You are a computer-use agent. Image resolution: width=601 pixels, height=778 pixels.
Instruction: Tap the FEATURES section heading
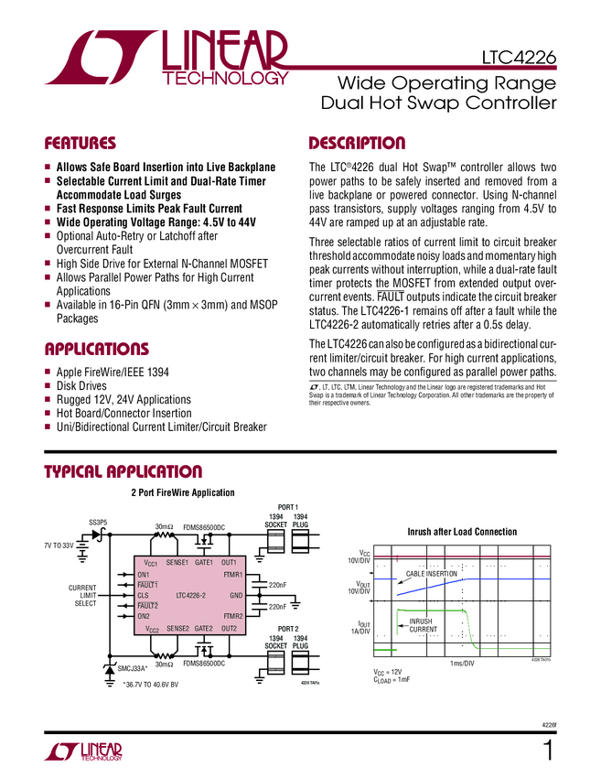(80, 144)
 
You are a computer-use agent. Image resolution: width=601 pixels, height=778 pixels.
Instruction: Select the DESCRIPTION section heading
(357, 144)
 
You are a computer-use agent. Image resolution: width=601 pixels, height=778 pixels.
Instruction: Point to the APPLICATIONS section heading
(96, 350)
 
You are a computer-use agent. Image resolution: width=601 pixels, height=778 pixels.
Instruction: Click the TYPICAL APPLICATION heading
(123, 472)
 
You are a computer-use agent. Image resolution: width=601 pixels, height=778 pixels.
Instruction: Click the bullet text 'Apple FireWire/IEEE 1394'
(113, 373)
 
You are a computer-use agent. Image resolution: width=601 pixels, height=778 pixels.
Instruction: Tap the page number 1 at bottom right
(547, 751)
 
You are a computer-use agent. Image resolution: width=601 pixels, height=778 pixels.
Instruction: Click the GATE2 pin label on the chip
(203, 629)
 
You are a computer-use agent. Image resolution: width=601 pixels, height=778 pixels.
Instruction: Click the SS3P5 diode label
(98, 523)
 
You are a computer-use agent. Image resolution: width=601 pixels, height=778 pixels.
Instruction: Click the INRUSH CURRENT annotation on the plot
(424, 625)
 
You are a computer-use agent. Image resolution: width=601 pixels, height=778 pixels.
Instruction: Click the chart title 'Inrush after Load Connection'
(461, 532)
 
